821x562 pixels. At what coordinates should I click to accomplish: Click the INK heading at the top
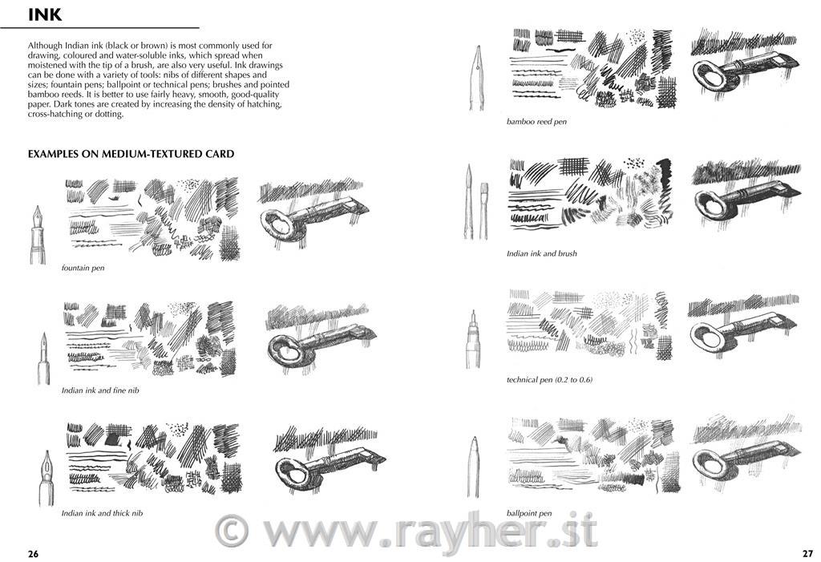click(x=45, y=14)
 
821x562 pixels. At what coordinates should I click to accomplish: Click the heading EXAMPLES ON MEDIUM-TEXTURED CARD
click(x=131, y=154)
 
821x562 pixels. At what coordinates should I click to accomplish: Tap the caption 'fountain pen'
click(x=83, y=268)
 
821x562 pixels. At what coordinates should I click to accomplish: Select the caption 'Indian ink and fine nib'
click(x=100, y=390)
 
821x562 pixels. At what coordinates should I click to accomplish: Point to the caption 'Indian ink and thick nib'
click(x=102, y=513)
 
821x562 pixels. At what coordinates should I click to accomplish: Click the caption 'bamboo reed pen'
click(x=536, y=122)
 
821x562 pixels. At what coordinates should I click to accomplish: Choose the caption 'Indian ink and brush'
click(x=542, y=253)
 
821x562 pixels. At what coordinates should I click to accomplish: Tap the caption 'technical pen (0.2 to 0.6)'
click(x=550, y=380)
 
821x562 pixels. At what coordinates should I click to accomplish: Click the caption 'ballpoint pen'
click(x=529, y=513)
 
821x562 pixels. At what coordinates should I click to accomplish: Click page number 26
click(x=34, y=554)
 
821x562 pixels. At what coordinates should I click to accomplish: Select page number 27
click(x=807, y=553)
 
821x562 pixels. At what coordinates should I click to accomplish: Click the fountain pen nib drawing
click(x=38, y=235)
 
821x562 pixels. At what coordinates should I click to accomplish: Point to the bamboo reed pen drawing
click(x=478, y=78)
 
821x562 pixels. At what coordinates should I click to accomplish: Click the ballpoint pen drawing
click(x=474, y=467)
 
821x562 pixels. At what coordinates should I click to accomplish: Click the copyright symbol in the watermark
click(x=232, y=530)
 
